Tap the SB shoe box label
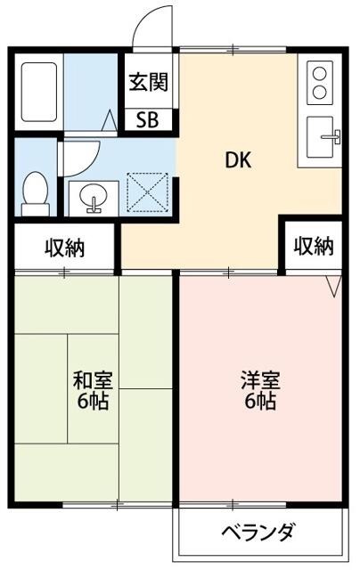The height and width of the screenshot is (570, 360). (147, 120)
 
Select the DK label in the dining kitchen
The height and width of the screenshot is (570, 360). (237, 161)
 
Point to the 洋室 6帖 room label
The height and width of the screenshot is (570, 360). (260, 389)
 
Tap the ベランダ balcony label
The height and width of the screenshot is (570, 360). (258, 533)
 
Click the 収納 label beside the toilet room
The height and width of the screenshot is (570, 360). (64, 248)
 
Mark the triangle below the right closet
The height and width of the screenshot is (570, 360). (333, 287)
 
